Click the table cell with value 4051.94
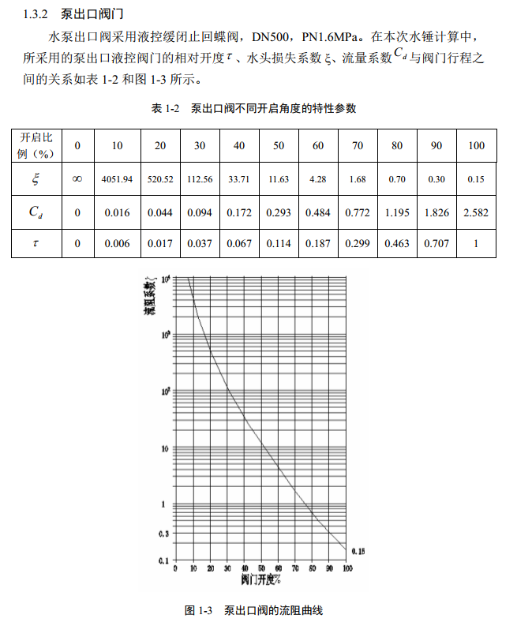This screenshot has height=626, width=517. pyautogui.click(x=117, y=179)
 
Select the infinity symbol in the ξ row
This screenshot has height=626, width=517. pyautogui.click(x=77, y=179)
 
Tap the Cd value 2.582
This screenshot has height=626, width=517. pyautogui.click(x=476, y=212)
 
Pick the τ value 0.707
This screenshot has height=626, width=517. pyautogui.click(x=436, y=244)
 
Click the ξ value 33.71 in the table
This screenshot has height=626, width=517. pyautogui.click(x=238, y=179)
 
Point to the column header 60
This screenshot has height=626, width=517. pyautogui.click(x=318, y=145)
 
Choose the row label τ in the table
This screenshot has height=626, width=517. pyautogui.click(x=35, y=244)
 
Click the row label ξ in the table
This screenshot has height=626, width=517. pyautogui.click(x=35, y=179)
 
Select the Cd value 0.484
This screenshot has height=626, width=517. pyautogui.click(x=318, y=212)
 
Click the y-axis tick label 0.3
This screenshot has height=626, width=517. pyautogui.click(x=164, y=534)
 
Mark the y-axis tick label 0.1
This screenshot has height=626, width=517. pyautogui.click(x=164, y=560)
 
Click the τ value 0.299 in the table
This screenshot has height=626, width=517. pyautogui.click(x=358, y=244)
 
